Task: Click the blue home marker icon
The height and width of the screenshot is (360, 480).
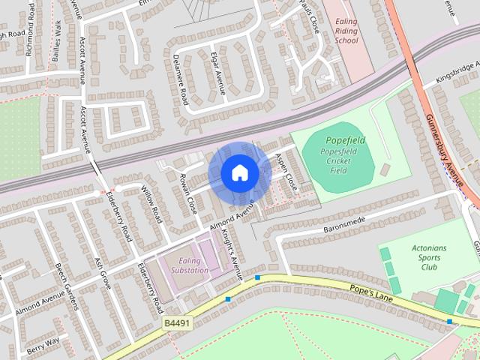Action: tap(239, 173)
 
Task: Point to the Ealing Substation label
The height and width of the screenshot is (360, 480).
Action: tap(189, 265)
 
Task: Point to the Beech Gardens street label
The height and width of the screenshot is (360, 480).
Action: tap(67, 286)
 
